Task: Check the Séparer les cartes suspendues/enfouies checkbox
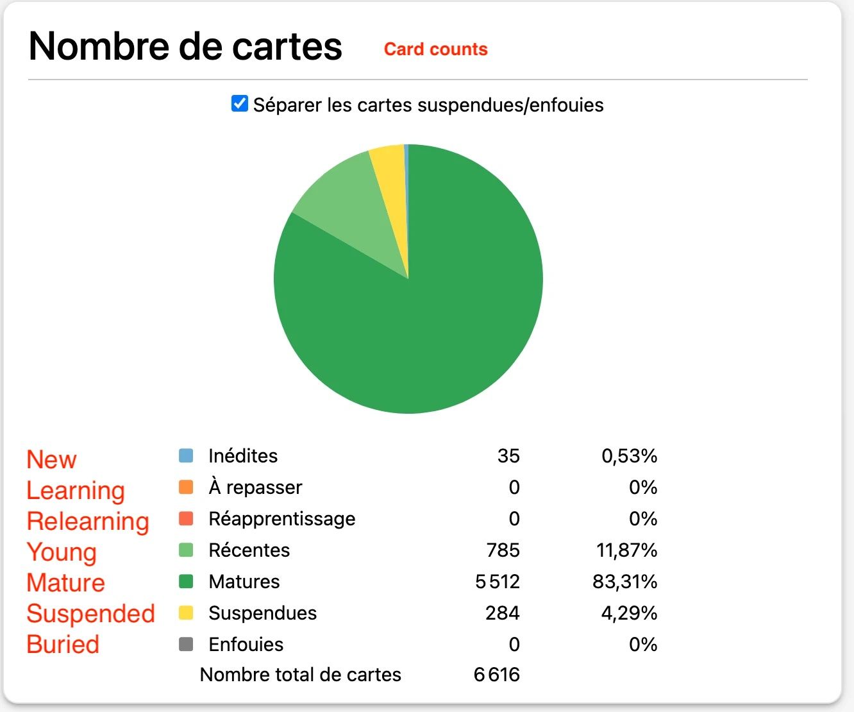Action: tap(240, 103)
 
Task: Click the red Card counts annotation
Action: tap(435, 49)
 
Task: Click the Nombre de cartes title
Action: tap(185, 46)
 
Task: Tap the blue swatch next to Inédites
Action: tap(186, 456)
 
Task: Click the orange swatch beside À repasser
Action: tap(186, 487)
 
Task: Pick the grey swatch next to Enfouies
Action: tap(186, 644)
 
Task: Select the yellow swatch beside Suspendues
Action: tap(186, 613)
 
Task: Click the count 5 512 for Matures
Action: tap(498, 582)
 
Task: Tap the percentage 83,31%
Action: tap(624, 582)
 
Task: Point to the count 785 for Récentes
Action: tap(503, 550)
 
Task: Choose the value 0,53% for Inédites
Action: tap(629, 456)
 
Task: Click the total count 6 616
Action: tap(497, 675)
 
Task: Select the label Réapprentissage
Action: tap(282, 519)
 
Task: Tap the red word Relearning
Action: tap(88, 521)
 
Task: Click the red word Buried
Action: tap(63, 645)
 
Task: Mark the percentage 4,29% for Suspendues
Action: tap(629, 613)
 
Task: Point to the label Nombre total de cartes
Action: tap(301, 675)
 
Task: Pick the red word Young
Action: tap(62, 552)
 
